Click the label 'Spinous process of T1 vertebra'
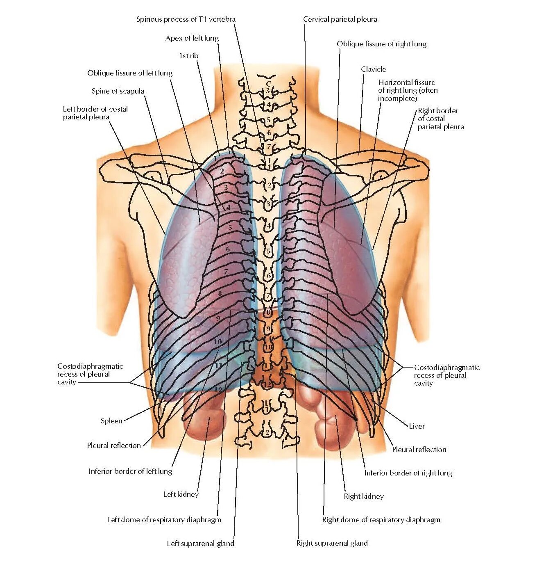186,19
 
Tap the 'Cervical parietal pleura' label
340,19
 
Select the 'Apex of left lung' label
192,38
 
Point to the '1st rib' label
188,55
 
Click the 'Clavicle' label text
373,69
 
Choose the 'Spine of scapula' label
118,91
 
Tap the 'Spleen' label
111,421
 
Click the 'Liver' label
417,426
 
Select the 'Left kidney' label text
181,494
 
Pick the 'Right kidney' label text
364,496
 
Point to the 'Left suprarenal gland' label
200,544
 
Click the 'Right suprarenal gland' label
332,543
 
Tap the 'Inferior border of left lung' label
130,471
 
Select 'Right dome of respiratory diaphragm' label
381,520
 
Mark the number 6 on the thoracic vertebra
269,276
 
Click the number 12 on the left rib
218,389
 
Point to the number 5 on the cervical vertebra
268,120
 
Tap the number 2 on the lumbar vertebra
267,432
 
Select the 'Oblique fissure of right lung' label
381,44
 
